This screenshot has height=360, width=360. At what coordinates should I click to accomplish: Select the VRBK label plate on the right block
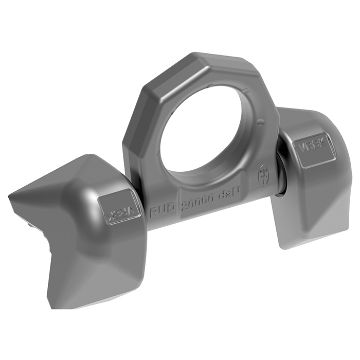tap(312, 150)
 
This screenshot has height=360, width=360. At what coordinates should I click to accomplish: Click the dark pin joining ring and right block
tap(282, 172)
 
